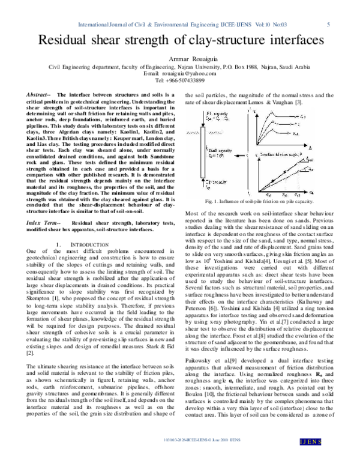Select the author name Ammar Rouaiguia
click(180, 59)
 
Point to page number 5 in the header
click(329, 25)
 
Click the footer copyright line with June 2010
click(180, 458)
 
